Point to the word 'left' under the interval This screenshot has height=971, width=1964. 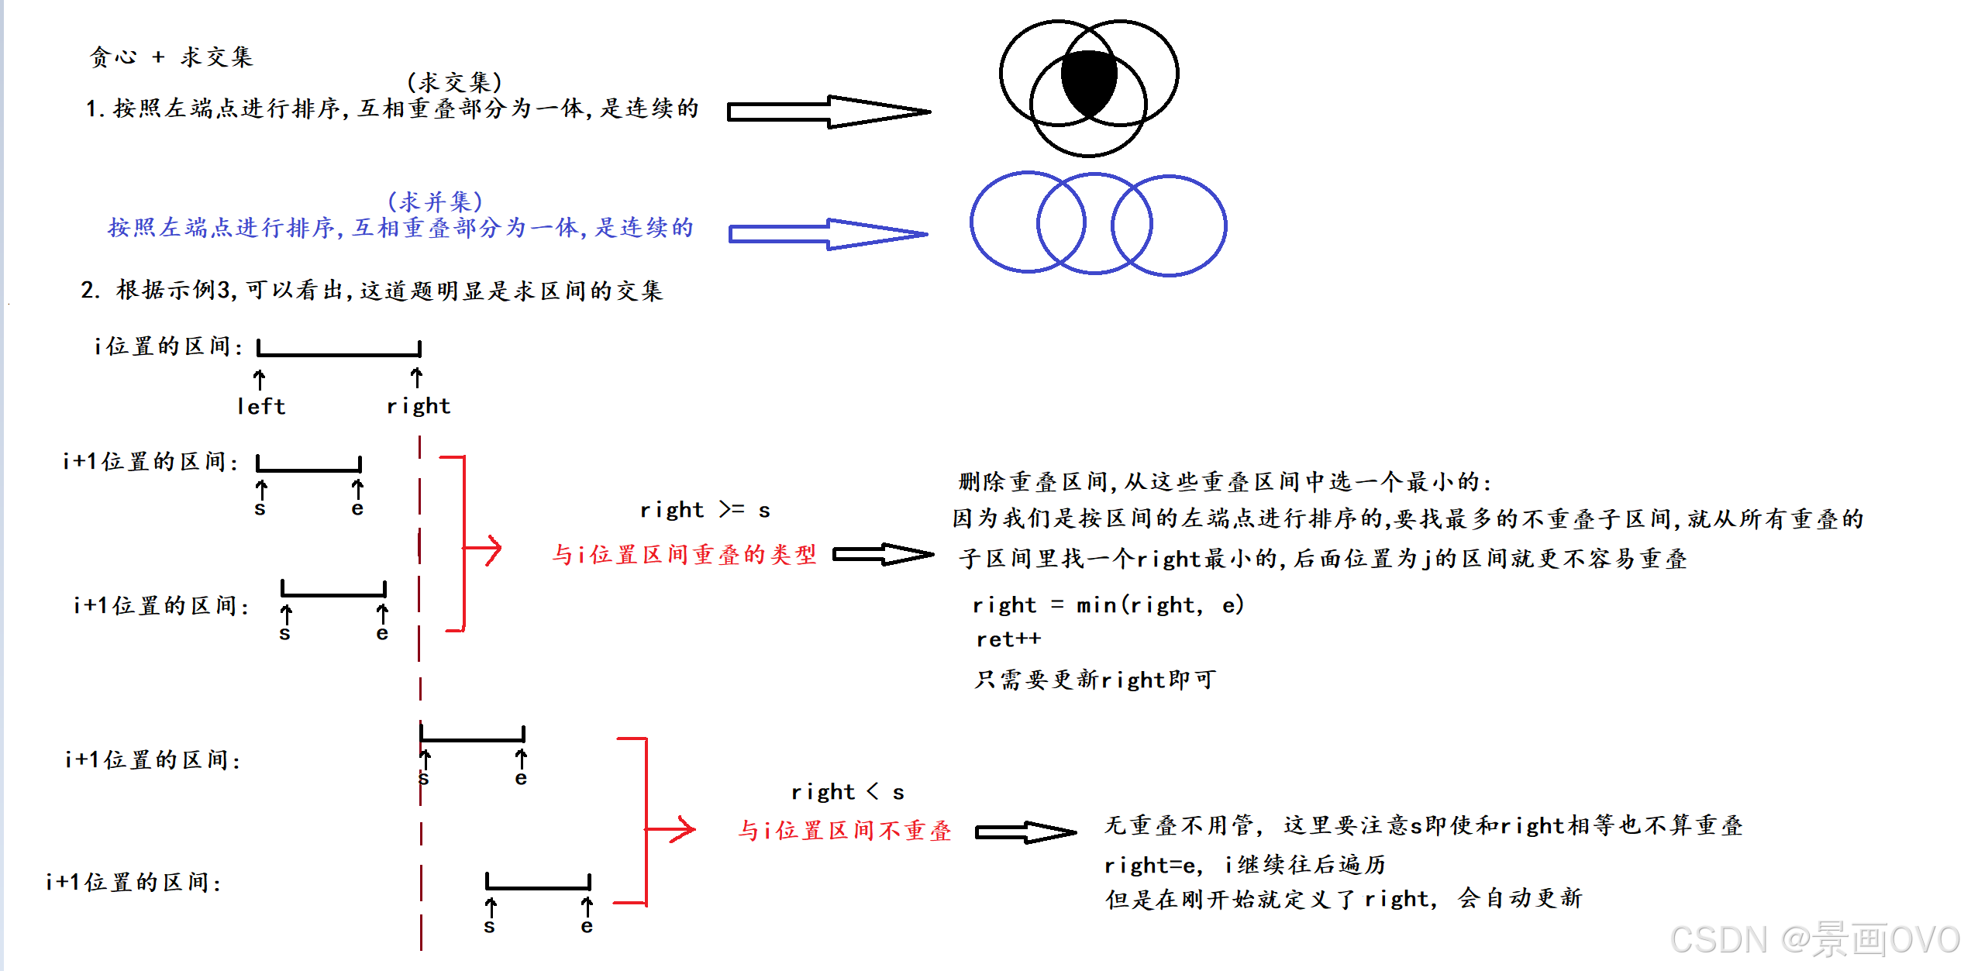click(261, 406)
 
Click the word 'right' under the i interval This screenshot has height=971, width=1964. click(419, 406)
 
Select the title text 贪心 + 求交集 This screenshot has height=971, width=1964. click(171, 57)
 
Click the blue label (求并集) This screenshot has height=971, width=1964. click(435, 201)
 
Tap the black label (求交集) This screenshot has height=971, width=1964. click(455, 82)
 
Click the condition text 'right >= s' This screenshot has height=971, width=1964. click(705, 510)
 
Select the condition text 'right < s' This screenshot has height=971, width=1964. click(847, 792)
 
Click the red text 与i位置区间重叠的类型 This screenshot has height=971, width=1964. click(684, 555)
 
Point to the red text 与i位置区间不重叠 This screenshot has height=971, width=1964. click(844, 831)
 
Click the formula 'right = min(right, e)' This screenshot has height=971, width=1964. click(1108, 604)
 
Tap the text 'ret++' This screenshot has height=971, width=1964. click(1008, 639)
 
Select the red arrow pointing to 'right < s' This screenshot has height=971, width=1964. click(671, 829)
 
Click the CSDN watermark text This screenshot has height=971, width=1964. click(1814, 940)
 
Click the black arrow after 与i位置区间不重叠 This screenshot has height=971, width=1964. click(1025, 832)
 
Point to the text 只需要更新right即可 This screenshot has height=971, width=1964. click(1094, 680)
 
